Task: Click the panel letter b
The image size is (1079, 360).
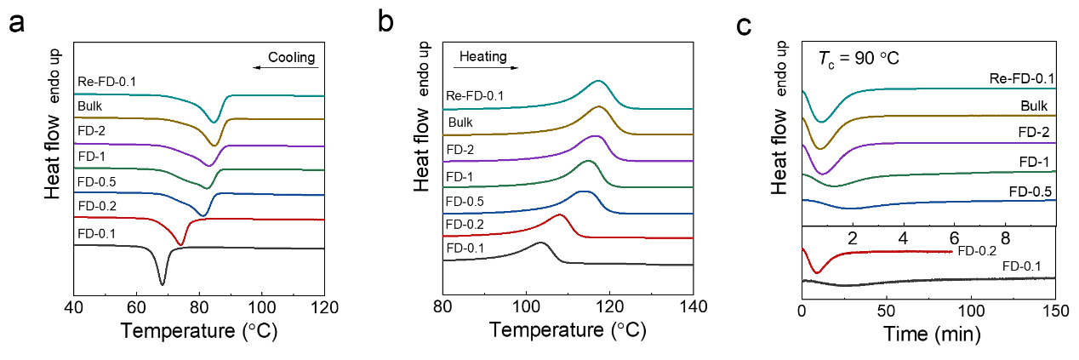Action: click(x=385, y=25)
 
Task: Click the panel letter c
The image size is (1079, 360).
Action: click(x=743, y=26)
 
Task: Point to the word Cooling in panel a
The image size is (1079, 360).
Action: click(x=292, y=58)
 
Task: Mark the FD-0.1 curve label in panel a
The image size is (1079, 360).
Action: click(x=98, y=232)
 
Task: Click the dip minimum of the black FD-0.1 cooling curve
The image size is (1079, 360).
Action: click(x=162, y=283)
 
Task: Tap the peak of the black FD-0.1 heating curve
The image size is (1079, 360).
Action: click(x=541, y=243)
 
